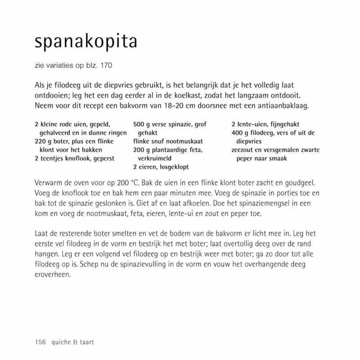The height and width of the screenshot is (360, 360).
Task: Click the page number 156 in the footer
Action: (40, 342)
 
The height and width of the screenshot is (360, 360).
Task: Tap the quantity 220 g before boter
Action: (43, 141)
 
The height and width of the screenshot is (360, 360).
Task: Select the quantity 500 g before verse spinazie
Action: (141, 124)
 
